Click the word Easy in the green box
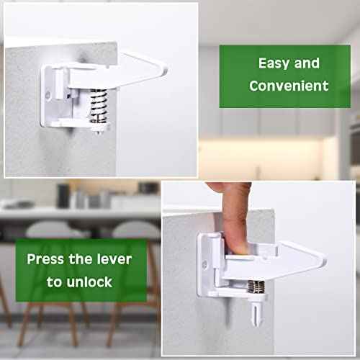click(274, 63)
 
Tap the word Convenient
click(289, 86)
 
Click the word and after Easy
click(307, 63)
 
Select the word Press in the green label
click(45, 259)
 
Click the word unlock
click(89, 282)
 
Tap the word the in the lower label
click(80, 259)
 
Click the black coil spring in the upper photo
click(98, 106)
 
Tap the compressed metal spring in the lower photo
click(256, 287)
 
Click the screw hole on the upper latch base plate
click(48, 95)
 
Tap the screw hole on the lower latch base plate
click(204, 265)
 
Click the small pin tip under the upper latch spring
click(99, 131)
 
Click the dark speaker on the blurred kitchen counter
click(63, 196)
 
